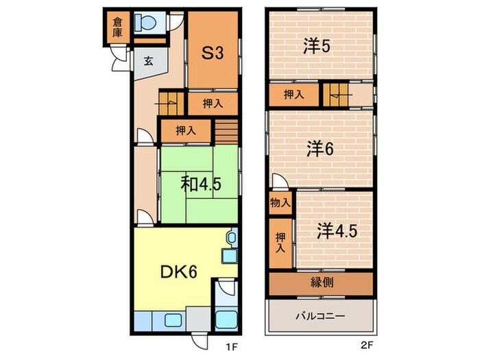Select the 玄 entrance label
tap(149, 60)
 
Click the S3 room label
tap(213, 53)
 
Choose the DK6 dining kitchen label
tap(179, 272)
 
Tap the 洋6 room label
tap(320, 148)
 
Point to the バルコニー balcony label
tap(320, 317)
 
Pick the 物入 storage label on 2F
tap(279, 204)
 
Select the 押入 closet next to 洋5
tap(293, 95)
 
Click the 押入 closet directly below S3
tap(213, 104)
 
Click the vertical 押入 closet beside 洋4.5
tap(280, 242)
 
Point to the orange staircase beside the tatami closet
tap(227, 130)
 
